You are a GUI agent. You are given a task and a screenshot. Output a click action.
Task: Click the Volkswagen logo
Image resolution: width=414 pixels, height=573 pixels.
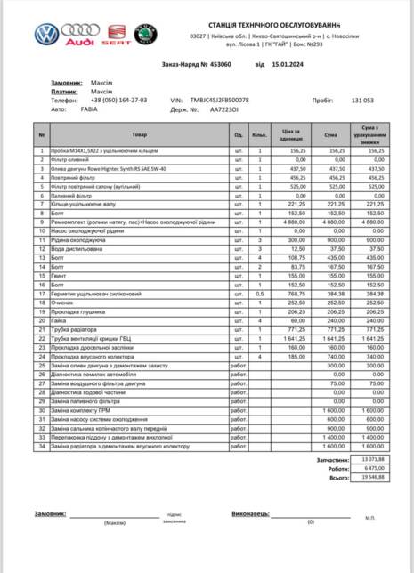pyautogui.click(x=45, y=34)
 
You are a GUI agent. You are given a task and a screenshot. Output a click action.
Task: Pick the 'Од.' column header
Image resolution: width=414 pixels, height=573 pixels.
pyautogui.click(x=238, y=135)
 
